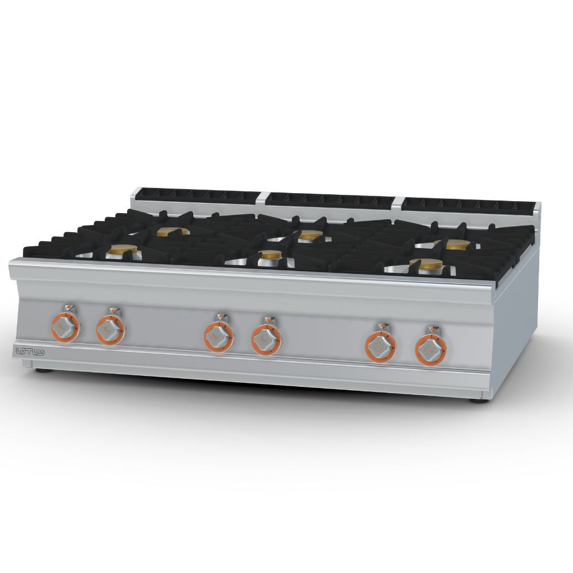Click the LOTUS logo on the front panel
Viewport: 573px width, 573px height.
[30, 352]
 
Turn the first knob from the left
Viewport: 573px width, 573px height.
[65, 328]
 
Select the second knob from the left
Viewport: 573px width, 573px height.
[111, 331]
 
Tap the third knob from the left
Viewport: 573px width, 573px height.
[218, 337]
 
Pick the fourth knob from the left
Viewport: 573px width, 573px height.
[266, 340]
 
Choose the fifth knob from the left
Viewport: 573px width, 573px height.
[381, 347]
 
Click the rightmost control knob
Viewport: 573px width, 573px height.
[430, 350]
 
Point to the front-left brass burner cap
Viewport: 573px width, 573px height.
[122, 249]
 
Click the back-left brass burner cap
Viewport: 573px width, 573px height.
[173, 231]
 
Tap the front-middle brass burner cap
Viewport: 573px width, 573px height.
[271, 254]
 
